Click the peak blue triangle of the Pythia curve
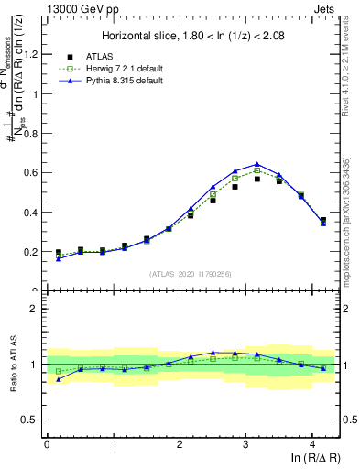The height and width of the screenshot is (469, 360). pyautogui.click(x=257, y=165)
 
